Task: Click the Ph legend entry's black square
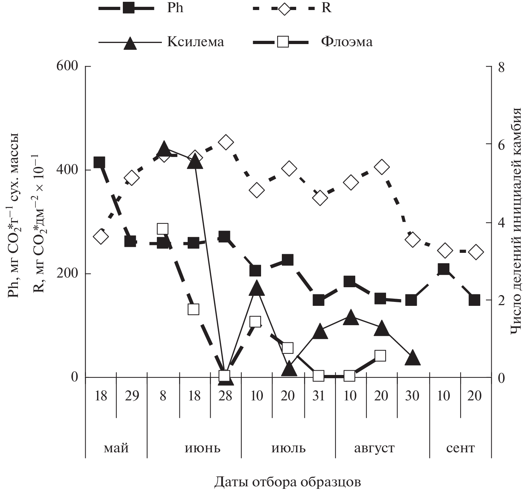coord(128,8)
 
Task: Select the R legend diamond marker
coord(284,8)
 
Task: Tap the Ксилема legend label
coord(196,42)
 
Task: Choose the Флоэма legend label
coord(347,42)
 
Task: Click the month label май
coord(116,448)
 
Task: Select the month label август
coord(374,448)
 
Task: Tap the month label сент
coord(461,448)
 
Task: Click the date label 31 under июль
coord(319,396)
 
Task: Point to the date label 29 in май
coord(132,396)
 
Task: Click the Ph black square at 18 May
coord(99,162)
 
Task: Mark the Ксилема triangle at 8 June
coord(164,148)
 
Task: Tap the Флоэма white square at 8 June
coord(163,228)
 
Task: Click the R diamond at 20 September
coord(475,252)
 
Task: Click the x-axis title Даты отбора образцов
coord(288,482)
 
